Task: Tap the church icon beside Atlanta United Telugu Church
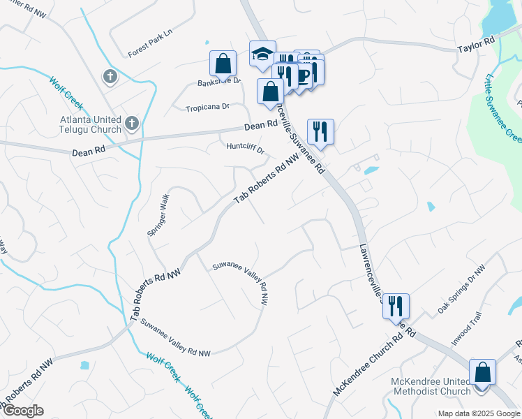point(132,124)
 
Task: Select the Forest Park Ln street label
point(149,52)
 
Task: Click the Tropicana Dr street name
point(207,108)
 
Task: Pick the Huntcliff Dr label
point(246,148)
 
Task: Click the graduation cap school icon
point(262,54)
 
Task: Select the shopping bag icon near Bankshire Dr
point(222,64)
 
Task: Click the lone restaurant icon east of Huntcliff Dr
point(320,131)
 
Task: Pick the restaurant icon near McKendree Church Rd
point(396,305)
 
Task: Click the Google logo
point(23,410)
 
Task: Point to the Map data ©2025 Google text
point(478,413)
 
